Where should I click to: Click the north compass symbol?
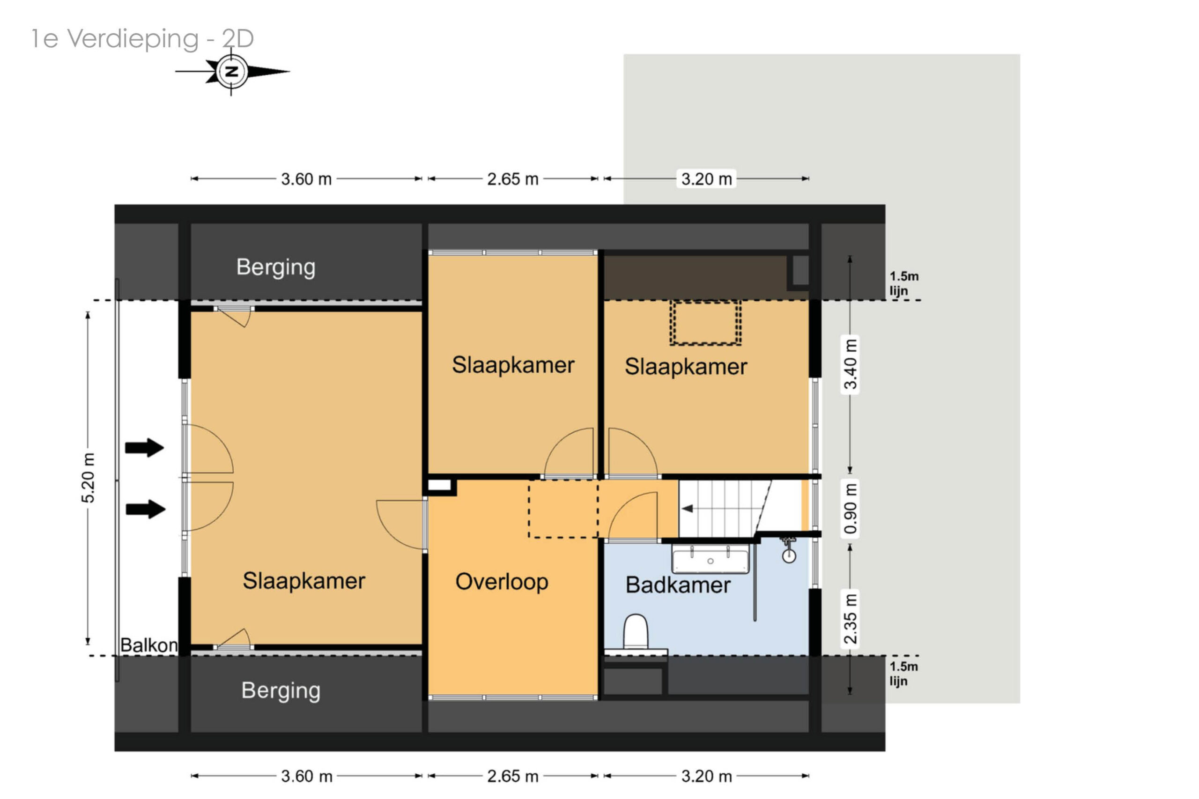pos(232,71)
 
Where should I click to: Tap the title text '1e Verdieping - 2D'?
pos(142,39)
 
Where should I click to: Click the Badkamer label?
pos(678,585)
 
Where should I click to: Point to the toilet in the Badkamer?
pos(636,633)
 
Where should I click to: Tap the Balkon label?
pos(149,645)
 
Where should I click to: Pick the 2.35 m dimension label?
pos(850,619)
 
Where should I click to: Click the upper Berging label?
pos(276,267)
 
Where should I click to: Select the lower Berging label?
pos(281,691)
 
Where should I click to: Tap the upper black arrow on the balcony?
pos(145,447)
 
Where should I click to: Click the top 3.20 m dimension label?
pos(706,179)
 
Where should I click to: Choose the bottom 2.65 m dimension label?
pos(513,776)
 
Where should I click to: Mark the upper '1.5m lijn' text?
pos(903,283)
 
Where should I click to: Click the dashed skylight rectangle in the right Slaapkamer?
pos(705,323)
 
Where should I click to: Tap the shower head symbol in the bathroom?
pos(789,551)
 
